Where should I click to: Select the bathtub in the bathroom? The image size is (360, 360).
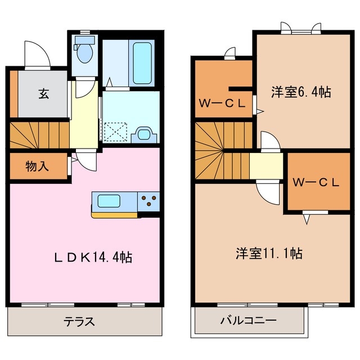pyautogui.click(x=141, y=63)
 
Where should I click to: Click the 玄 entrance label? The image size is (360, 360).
pyautogui.click(x=43, y=93)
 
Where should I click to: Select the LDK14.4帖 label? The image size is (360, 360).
pyautogui.click(x=93, y=258)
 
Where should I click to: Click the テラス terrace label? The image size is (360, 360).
pyautogui.click(x=79, y=322)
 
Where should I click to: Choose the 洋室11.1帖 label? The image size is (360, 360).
pyautogui.click(x=269, y=254)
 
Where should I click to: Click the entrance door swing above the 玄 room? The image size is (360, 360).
pyautogui.click(x=38, y=55)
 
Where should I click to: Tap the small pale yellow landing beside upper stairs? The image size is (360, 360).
pyautogui.click(x=265, y=165)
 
